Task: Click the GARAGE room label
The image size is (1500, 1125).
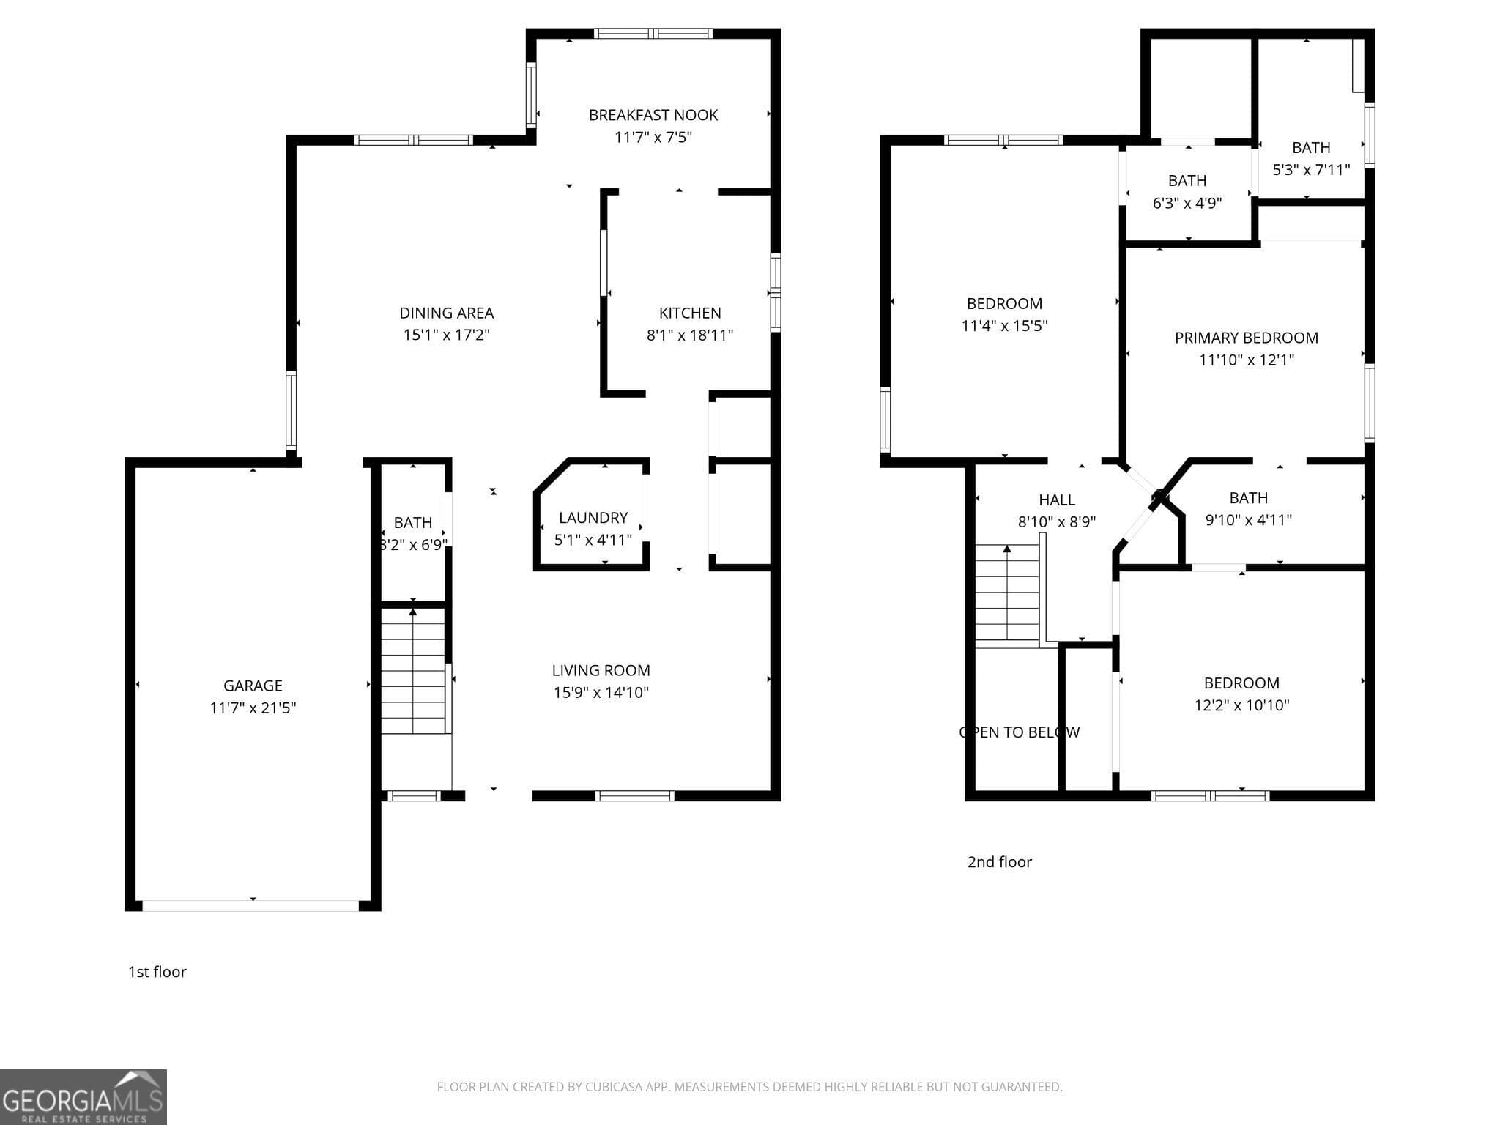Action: tap(253, 686)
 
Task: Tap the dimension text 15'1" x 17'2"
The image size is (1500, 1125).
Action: tap(446, 335)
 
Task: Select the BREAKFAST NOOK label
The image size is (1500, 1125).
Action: tap(653, 115)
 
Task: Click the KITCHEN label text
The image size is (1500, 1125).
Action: tap(690, 313)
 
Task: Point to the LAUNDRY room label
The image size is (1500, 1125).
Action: tap(593, 518)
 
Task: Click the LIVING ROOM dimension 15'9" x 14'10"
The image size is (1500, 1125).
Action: tap(601, 693)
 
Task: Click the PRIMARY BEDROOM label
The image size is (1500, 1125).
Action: tap(1247, 338)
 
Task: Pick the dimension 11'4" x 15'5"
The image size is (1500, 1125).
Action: tap(1004, 326)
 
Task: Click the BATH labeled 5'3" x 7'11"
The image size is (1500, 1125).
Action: tap(1311, 148)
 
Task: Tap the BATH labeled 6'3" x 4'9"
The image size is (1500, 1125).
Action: tap(1187, 181)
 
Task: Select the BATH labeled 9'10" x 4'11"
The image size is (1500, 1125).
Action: tap(1249, 498)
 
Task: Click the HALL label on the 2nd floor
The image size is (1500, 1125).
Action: tap(1057, 500)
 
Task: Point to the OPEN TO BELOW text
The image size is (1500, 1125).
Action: tap(1019, 732)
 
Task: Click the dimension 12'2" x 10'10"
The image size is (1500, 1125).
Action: tap(1241, 705)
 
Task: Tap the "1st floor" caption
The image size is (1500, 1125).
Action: tap(157, 972)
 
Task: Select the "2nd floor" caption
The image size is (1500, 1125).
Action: tap(1000, 862)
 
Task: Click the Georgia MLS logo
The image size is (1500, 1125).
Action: tap(83, 1097)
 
